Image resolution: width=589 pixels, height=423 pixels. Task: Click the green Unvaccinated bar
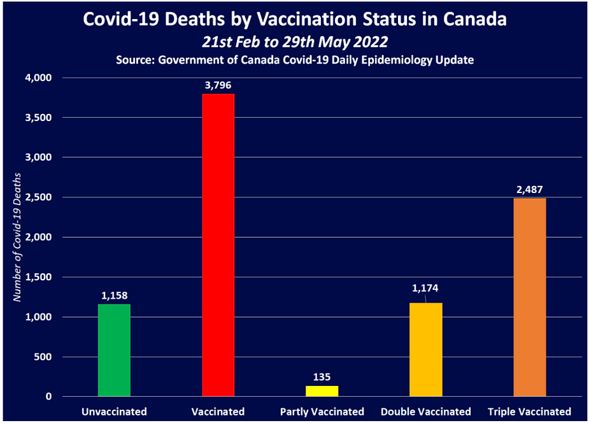pos(114,350)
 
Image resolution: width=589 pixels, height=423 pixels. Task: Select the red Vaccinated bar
pos(218,245)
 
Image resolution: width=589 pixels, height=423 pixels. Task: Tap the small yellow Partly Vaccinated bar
pos(322,391)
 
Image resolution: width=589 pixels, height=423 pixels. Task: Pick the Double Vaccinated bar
pos(425,350)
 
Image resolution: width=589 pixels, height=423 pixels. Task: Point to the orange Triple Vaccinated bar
pos(529,297)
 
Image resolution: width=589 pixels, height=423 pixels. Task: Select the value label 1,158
pos(115,295)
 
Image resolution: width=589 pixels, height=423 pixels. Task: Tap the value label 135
pos(322,376)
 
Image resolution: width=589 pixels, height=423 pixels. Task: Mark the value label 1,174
pos(425,289)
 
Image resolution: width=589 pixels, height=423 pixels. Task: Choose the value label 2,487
pos(529,189)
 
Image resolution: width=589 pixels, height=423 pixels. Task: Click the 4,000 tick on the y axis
pos(39,78)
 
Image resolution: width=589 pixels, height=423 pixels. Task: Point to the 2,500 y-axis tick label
pos(39,197)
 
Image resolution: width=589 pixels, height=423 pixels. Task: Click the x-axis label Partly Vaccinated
pos(322,412)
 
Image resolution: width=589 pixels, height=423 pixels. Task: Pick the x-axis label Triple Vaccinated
pos(529,412)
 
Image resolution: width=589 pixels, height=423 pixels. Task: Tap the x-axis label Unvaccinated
pos(114,412)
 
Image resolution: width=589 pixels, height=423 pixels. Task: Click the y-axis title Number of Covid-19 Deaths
pos(18,237)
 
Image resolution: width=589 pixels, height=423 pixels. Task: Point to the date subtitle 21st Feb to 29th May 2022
pos(295,42)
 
